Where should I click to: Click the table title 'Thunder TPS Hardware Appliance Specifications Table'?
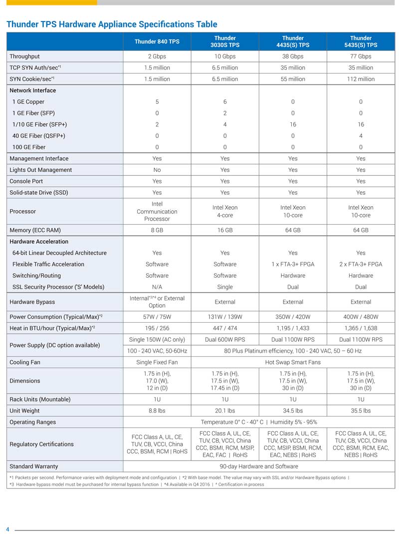click(111, 24)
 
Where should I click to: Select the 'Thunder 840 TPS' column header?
click(157, 41)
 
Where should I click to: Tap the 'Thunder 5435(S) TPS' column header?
click(361, 41)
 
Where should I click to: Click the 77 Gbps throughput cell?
click(361, 56)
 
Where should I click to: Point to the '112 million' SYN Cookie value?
click(361, 79)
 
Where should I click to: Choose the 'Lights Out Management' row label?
click(40, 170)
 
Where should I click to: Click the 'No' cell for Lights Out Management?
click(157, 170)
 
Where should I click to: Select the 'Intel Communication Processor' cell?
click(157, 211)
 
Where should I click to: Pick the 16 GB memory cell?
click(225, 230)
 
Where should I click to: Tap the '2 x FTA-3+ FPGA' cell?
click(361, 264)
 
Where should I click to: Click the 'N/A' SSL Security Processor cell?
click(157, 287)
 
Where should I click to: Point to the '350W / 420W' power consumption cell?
click(293, 317)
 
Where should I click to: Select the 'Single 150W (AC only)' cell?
click(157, 340)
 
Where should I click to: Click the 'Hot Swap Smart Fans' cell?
click(293, 362)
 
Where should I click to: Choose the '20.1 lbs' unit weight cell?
click(225, 411)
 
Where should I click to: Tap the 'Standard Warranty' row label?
click(33, 466)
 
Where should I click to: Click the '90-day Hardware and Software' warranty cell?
click(259, 466)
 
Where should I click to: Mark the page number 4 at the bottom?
click(7, 529)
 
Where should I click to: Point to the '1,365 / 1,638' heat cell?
click(361, 328)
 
